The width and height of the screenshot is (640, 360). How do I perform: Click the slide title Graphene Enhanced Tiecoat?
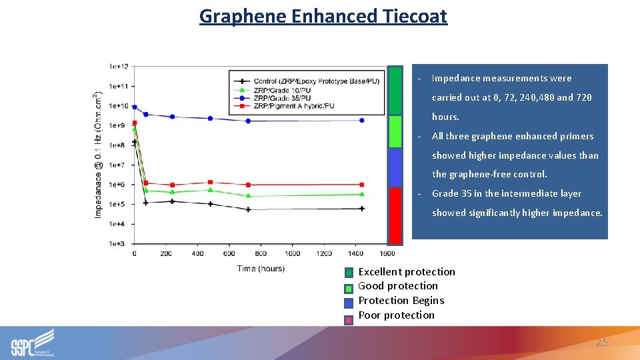tap(323, 16)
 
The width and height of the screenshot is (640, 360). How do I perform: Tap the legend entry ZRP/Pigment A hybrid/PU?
tap(293, 106)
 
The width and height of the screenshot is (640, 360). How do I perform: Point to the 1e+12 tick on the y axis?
tap(119, 67)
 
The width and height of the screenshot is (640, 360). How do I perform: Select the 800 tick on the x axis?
tap(261, 254)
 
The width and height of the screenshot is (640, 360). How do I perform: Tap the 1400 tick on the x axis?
tap(355, 254)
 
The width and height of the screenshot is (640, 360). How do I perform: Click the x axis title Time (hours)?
tap(261, 269)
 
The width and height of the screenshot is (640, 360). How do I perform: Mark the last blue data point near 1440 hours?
tap(362, 121)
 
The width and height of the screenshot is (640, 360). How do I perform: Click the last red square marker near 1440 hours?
tap(362, 185)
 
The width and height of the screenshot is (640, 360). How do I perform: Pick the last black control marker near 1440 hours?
tap(362, 209)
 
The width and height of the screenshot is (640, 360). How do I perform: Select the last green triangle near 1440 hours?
tap(362, 195)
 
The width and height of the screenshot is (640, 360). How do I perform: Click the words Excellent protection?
tap(407, 271)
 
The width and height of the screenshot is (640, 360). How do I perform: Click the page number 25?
tap(602, 342)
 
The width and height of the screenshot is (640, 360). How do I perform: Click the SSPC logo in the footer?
tap(33, 343)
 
